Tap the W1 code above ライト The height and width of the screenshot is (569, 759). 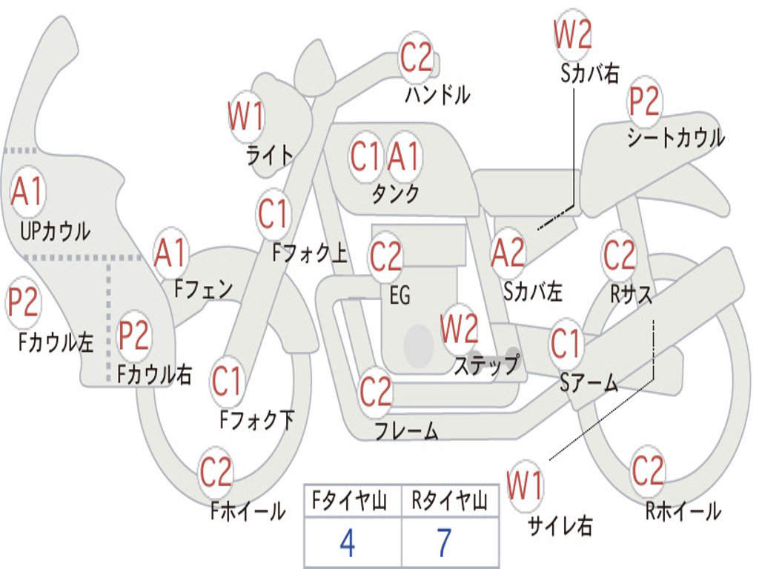point(245,116)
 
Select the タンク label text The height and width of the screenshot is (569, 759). point(395,194)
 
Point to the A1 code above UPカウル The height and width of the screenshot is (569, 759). point(28,192)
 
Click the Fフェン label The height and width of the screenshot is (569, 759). point(203,288)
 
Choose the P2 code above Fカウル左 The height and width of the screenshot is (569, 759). point(23,304)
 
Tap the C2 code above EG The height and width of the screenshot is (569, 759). point(385,256)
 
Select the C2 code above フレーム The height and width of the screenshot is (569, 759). point(376,391)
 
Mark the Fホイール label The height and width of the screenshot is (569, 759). point(248,511)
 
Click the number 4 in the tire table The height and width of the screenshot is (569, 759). point(347,543)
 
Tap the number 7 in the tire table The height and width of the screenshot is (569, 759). point(443,543)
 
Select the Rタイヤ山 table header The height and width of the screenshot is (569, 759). point(449,503)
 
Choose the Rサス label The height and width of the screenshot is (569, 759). point(632,294)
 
